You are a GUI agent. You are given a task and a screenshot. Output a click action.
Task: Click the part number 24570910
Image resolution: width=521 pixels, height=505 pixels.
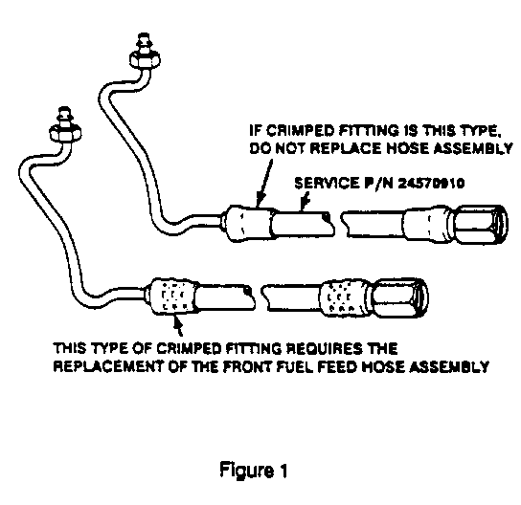[431, 183]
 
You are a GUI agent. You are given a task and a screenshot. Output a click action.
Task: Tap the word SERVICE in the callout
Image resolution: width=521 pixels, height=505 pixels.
[327, 183]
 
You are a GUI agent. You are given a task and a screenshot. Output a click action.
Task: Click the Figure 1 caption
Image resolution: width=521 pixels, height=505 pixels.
[253, 471]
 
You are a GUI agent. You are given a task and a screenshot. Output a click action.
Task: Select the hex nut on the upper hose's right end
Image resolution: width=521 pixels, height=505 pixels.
[479, 225]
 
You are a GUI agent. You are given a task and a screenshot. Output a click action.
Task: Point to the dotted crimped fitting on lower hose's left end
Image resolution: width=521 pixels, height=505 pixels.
[172, 296]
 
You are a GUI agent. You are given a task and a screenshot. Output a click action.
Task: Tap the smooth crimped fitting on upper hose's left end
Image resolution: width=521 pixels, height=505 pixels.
[249, 223]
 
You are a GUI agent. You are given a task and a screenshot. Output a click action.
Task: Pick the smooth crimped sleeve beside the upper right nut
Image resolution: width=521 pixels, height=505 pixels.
[426, 225]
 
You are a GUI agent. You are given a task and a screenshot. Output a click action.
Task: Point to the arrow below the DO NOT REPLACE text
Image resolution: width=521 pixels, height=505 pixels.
[265, 183]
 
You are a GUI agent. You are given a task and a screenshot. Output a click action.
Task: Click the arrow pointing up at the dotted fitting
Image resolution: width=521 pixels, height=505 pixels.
[178, 325]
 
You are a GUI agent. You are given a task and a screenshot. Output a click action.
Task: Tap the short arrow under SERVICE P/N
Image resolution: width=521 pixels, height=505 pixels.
[305, 201]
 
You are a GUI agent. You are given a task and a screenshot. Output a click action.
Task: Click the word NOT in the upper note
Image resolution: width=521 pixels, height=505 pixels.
[291, 148]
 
